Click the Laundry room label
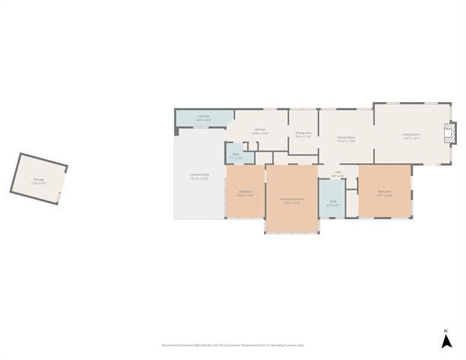point(203,116)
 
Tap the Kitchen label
point(260,129)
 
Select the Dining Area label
point(303,133)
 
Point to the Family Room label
point(346,137)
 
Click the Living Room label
point(411,135)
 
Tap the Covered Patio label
point(199,175)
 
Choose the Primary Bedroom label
point(290,199)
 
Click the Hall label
point(338,172)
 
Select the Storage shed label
point(38,179)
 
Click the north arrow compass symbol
point(445,342)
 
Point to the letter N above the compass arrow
point(445,331)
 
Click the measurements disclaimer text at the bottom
point(233,345)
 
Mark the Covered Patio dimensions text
point(199,179)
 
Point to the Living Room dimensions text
point(411,139)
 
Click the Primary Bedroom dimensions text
point(290,202)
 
